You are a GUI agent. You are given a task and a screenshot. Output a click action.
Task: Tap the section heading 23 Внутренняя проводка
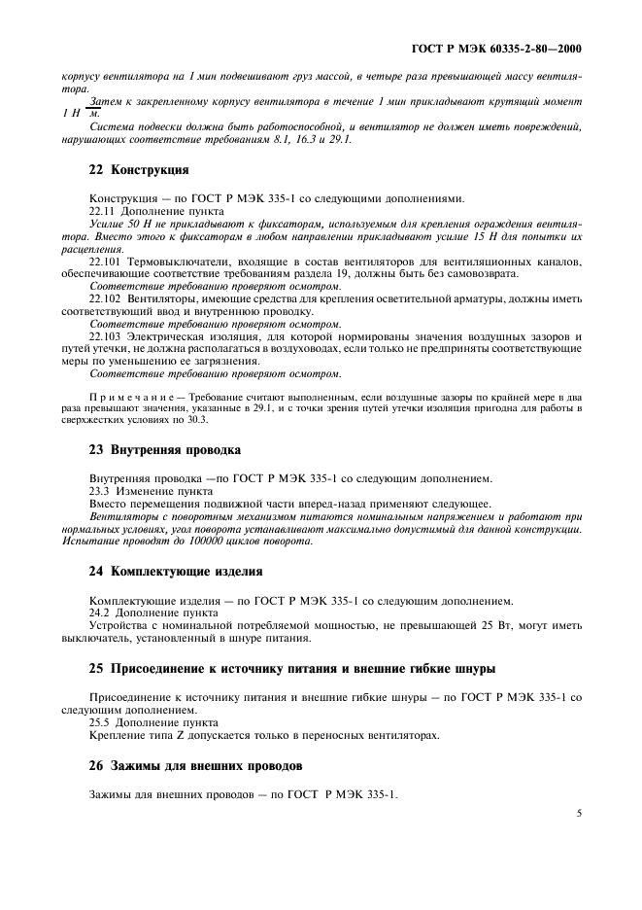point(164,450)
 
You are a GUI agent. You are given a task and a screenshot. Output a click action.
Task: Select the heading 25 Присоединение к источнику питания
point(291,669)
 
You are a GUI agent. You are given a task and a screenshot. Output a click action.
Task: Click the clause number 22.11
point(101,210)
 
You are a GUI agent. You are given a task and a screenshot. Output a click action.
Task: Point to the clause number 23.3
point(99,491)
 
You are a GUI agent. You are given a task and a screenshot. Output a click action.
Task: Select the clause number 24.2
point(99,613)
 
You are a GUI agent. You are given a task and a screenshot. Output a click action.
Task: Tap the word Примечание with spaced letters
point(130,398)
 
